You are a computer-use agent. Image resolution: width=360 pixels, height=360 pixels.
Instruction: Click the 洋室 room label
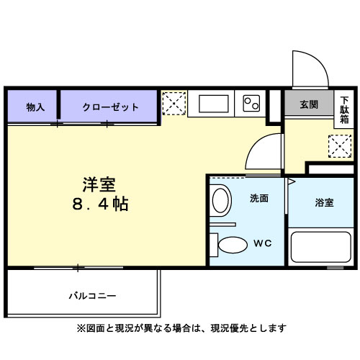pos(99,184)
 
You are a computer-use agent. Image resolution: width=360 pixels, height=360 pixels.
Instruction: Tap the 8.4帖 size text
pos(99,204)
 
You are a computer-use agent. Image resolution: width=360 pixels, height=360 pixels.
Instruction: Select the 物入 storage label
pos(35,107)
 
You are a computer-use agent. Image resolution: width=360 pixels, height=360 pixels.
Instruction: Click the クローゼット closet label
pos(110,107)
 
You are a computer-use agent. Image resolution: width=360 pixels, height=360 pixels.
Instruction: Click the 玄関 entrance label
pos(309,104)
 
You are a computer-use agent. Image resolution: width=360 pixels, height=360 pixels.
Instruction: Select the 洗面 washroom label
pos(259,198)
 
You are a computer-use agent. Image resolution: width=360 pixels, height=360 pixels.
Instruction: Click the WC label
pos(260,243)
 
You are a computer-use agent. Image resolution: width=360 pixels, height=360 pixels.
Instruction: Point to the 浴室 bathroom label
pos(324,203)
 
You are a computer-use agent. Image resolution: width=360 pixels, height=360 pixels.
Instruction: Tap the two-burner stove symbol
pos(251,104)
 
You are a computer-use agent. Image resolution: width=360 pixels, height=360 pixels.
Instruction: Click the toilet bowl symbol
pos(232,245)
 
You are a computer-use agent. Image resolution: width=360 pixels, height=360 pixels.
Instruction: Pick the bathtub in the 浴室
pos(317,248)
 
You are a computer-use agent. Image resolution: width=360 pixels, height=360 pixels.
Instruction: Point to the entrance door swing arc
pos(309,68)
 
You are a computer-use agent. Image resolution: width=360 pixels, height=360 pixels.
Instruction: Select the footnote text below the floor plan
pos(181,328)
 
